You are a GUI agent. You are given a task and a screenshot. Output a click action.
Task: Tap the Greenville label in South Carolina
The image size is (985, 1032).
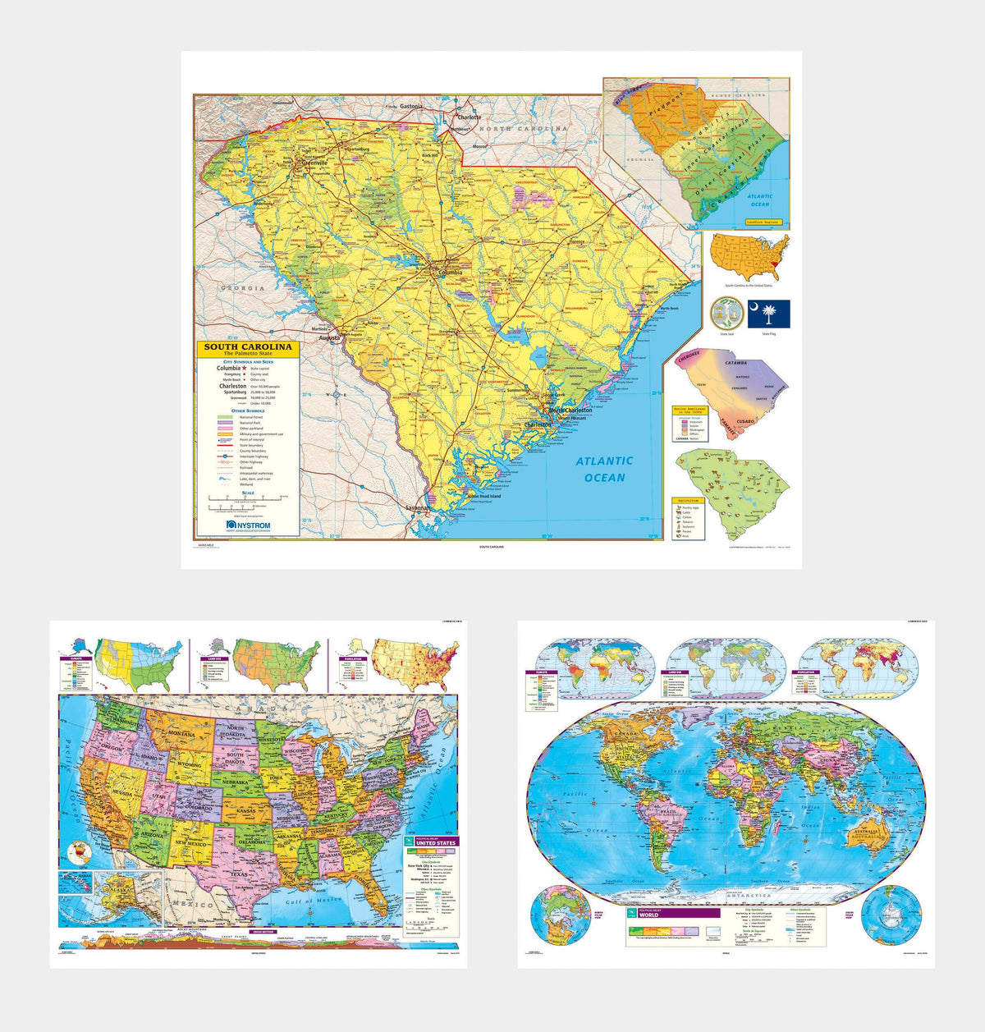click(x=315, y=163)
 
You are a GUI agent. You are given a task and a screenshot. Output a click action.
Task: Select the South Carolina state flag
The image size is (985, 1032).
click(x=768, y=313)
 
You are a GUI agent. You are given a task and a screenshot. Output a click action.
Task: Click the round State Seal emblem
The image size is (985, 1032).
click(x=726, y=313)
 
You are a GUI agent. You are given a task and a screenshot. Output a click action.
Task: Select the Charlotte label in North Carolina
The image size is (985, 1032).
click(x=470, y=117)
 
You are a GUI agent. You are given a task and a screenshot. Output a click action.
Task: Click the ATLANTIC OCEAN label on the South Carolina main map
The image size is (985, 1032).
click(x=603, y=469)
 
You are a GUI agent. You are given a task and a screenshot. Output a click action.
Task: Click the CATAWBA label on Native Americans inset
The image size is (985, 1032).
click(x=735, y=362)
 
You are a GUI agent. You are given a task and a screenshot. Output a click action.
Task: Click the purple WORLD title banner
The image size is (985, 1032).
click(x=673, y=913)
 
